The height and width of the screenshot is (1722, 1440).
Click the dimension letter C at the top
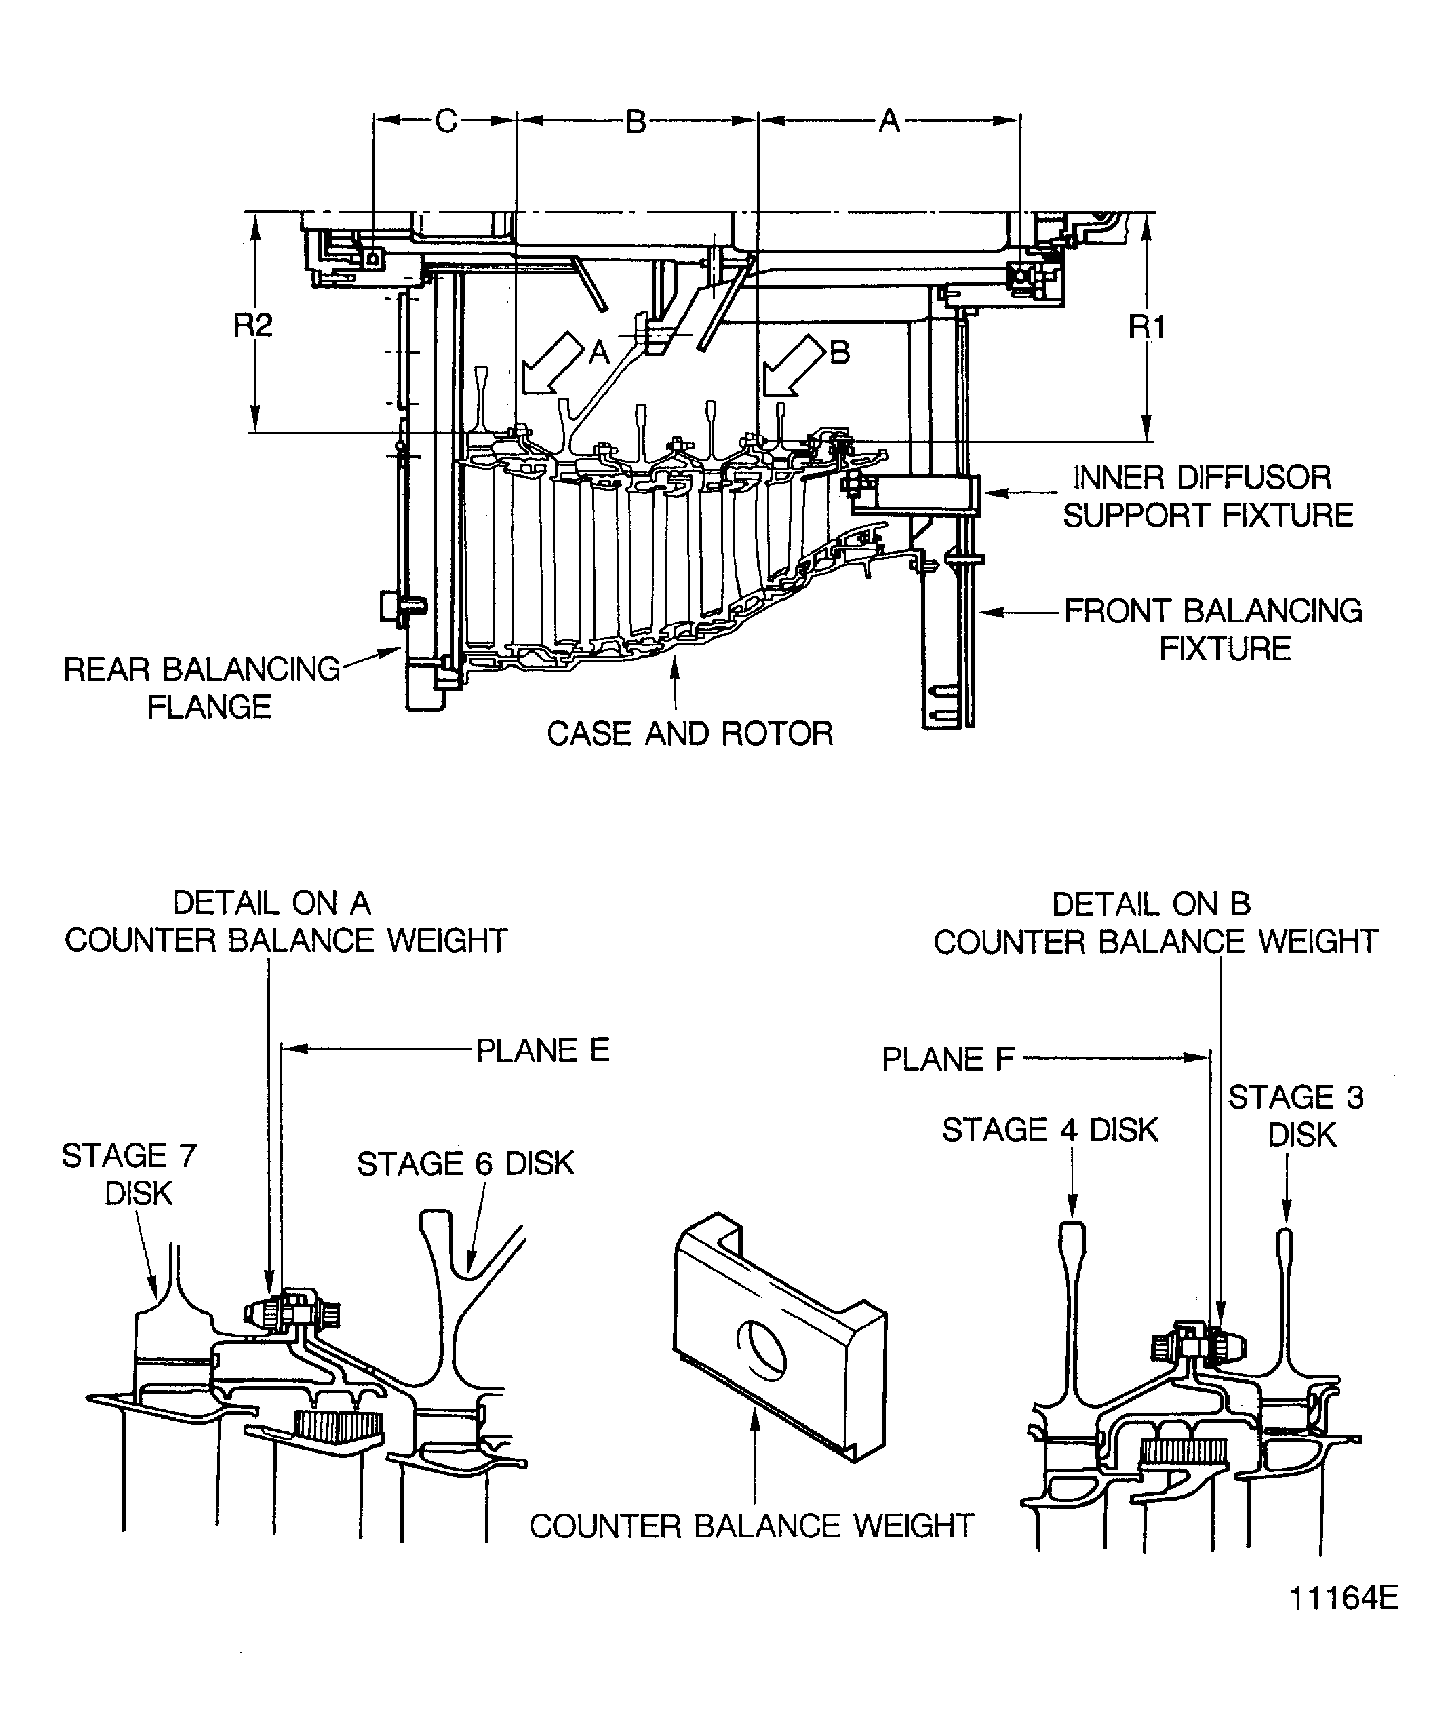click(446, 121)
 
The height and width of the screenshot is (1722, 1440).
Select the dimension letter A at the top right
click(889, 121)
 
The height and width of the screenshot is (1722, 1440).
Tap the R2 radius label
click(253, 326)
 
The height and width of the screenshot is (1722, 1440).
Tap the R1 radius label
click(1147, 327)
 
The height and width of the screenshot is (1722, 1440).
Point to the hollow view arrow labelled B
click(792, 366)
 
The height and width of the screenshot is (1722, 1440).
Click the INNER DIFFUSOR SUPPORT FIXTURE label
click(1207, 496)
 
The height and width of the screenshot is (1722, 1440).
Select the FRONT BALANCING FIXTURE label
click(1213, 630)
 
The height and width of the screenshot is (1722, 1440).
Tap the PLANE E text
click(543, 1050)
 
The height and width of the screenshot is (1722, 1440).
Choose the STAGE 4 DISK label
click(1049, 1130)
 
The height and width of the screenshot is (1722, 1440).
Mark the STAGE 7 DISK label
click(129, 1174)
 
